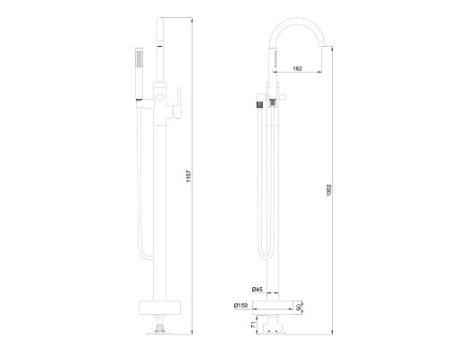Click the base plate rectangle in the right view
[x=274, y=307]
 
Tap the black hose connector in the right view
[x=264, y=103]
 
